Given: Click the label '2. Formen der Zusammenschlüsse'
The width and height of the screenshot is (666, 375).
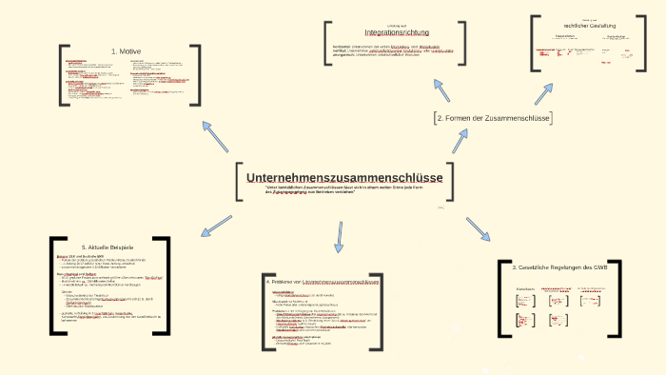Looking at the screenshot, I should pos(492,117).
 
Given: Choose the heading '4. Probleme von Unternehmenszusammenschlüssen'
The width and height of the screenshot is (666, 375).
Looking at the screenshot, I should pos(323,283).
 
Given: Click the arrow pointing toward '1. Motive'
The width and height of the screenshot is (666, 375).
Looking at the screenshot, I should pos(214,136).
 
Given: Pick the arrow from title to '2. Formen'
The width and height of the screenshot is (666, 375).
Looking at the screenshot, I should pos(460,141).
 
